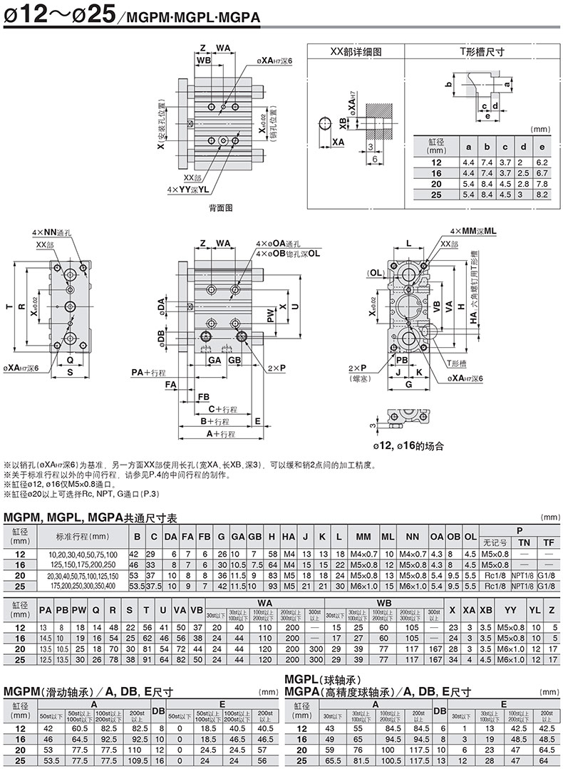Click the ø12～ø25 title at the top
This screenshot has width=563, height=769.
[x=57, y=16]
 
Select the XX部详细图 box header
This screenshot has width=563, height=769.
[x=356, y=52]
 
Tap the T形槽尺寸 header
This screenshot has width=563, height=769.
[x=481, y=52]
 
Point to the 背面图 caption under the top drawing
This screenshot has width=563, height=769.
[x=220, y=207]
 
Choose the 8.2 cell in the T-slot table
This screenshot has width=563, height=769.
[x=541, y=194]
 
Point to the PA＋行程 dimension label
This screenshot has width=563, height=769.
[x=148, y=372]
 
